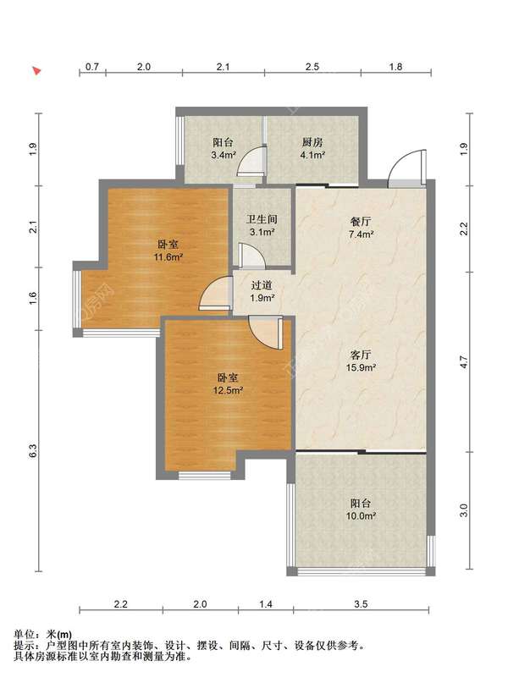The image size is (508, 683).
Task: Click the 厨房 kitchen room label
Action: pyautogui.click(x=312, y=142)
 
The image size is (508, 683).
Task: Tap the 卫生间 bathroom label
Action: pyautogui.click(x=262, y=219)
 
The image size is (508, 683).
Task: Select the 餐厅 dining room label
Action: pyautogui.click(x=361, y=222)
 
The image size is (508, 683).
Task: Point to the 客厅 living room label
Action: pyautogui.click(x=361, y=355)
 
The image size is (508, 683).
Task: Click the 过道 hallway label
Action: pyautogui.click(x=262, y=285)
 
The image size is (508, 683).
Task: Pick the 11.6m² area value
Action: pyautogui.click(x=168, y=257)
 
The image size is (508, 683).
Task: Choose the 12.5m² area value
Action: pyautogui.click(x=228, y=390)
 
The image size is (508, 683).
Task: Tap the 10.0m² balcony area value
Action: pyautogui.click(x=361, y=515)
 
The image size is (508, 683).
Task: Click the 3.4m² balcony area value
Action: pyautogui.click(x=223, y=155)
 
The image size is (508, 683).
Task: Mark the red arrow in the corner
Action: pyautogui.click(x=36, y=70)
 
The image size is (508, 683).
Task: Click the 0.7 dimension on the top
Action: pyautogui.click(x=92, y=67)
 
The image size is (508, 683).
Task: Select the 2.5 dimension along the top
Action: pyautogui.click(x=312, y=67)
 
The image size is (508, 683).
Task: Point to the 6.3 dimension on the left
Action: pyautogui.click(x=34, y=451)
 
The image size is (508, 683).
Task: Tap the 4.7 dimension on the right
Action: pyautogui.click(x=464, y=362)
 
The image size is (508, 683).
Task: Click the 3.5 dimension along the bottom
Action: pyautogui.click(x=361, y=604)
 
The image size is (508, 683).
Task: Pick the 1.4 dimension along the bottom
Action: pyautogui.click(x=266, y=604)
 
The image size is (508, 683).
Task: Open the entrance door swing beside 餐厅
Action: pyautogui.click(x=407, y=168)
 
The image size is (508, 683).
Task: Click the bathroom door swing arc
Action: pyautogui.click(x=251, y=256)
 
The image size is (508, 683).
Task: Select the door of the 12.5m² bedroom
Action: pyautogui.click(x=266, y=333)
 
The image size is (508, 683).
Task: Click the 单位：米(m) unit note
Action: pyautogui.click(x=42, y=635)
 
